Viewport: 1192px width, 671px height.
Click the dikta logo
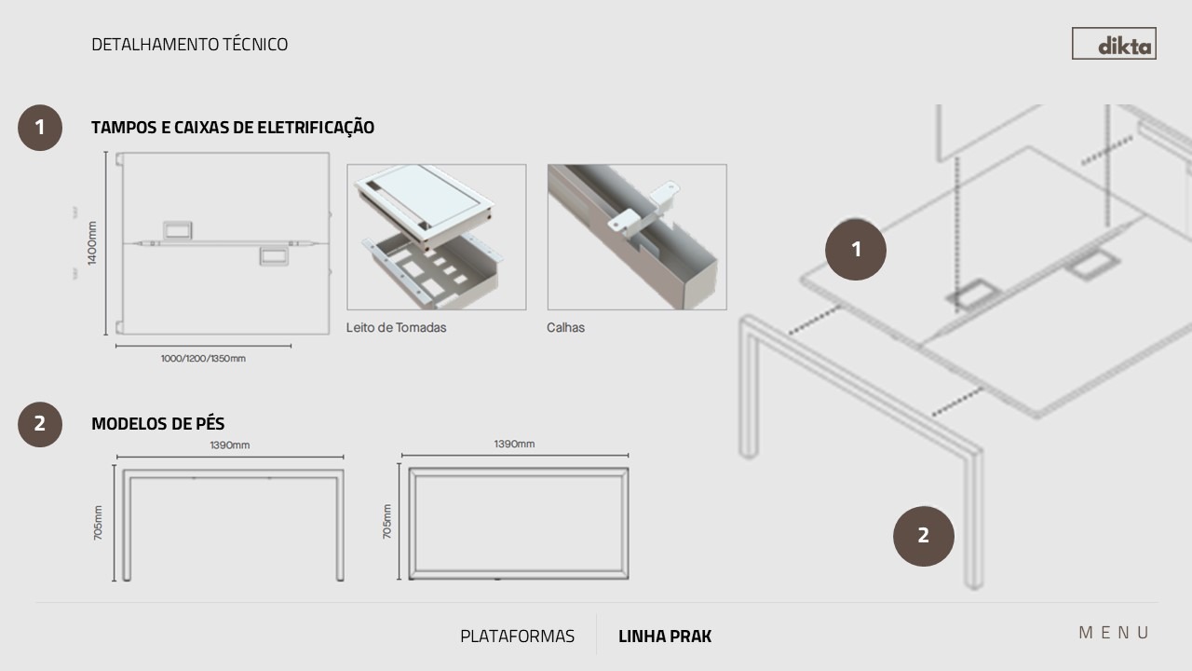click(x=1114, y=44)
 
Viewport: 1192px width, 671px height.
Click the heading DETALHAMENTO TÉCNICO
click(x=189, y=44)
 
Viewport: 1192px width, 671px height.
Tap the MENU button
click(x=1114, y=633)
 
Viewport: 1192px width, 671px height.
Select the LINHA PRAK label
click(x=665, y=637)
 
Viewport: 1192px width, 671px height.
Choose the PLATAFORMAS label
click(x=517, y=637)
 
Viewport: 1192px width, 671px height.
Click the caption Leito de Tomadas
click(x=396, y=327)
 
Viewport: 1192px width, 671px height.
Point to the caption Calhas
click(x=565, y=327)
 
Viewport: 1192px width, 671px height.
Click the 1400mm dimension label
click(x=92, y=243)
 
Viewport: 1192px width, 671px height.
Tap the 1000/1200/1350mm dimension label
click(x=203, y=359)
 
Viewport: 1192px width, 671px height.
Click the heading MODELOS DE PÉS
click(x=158, y=424)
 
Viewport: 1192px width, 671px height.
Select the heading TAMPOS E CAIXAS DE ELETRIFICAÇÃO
click(x=233, y=128)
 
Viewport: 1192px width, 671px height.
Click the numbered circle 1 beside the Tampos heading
click(x=40, y=128)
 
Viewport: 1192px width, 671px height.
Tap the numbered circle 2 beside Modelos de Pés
click(x=40, y=424)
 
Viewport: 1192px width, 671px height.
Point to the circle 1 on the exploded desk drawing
click(x=856, y=249)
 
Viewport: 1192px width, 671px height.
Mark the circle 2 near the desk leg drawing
click(x=923, y=536)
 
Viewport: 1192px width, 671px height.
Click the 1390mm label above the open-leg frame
click(x=229, y=445)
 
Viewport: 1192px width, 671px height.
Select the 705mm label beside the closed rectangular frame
click(x=386, y=521)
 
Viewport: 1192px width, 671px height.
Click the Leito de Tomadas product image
click(x=437, y=237)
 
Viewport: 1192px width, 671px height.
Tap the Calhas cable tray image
click(x=637, y=237)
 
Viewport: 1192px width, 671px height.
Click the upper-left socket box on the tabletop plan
click(x=178, y=230)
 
